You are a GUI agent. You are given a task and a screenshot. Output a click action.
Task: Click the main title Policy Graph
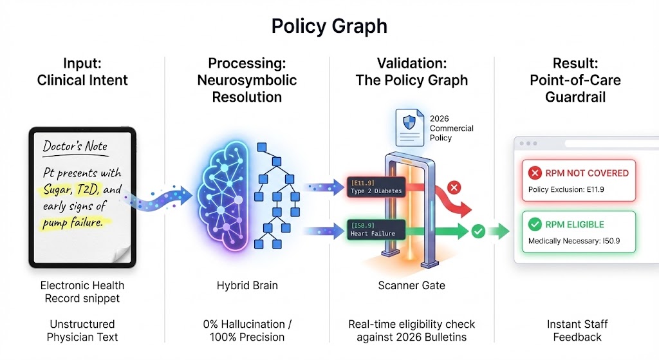pyautogui.click(x=329, y=26)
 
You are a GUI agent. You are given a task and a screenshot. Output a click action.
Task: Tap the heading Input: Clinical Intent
pyautogui.click(x=82, y=71)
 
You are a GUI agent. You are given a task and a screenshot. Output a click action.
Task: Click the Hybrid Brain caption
pyautogui.click(x=246, y=285)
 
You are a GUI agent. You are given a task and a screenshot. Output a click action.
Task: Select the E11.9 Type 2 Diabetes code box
pyautogui.click(x=375, y=187)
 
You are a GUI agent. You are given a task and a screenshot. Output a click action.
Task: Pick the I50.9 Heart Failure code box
pyautogui.click(x=375, y=229)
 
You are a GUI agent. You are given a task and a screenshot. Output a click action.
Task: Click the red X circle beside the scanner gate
pyautogui.click(x=454, y=188)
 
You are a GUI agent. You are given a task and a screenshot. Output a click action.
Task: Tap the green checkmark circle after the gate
pyautogui.click(x=478, y=231)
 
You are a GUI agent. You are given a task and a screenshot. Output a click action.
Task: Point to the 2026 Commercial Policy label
pyautogui.click(x=450, y=128)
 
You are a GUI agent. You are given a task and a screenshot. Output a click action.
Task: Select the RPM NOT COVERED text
pyautogui.click(x=586, y=173)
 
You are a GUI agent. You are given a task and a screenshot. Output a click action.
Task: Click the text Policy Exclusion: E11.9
pyautogui.click(x=566, y=189)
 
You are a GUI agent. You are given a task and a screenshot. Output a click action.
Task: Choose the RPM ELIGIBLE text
pyautogui.click(x=574, y=225)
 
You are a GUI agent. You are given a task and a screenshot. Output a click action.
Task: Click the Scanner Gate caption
pyautogui.click(x=412, y=285)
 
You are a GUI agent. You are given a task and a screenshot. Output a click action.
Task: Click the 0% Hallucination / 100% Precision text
pyautogui.click(x=246, y=330)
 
